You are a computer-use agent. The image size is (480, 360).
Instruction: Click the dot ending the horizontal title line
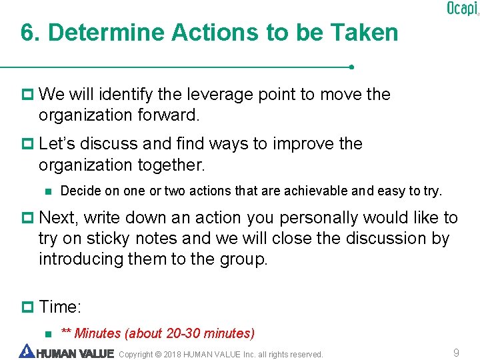pyautogui.click(x=351, y=67)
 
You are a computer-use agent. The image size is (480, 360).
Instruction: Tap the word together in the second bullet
pyautogui.click(x=173, y=164)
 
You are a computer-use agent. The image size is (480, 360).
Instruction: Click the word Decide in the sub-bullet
pyautogui.click(x=78, y=191)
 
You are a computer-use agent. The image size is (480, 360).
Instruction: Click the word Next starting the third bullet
pyautogui.click(x=59, y=218)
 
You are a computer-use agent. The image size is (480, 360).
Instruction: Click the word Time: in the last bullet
pyautogui.click(x=60, y=307)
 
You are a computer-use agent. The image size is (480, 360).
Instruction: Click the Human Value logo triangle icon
pyautogui.click(x=26, y=351)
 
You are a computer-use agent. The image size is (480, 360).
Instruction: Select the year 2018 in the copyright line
pyautogui.click(x=172, y=354)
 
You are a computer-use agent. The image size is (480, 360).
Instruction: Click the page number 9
pyautogui.click(x=456, y=353)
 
